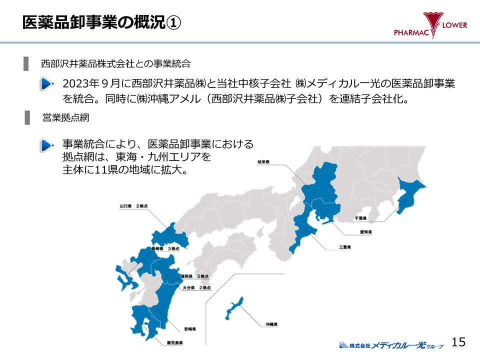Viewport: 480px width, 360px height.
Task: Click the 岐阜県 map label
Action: coord(263,162)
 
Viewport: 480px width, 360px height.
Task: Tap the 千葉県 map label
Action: coord(360,218)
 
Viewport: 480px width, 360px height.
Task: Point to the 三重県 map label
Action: coord(345,247)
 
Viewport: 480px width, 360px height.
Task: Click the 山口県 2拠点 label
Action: coord(133,206)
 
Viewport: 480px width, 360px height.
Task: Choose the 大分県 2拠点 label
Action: coord(196,288)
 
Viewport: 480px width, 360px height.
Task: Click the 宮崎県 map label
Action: coord(189,329)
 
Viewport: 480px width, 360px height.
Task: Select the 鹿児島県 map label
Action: coord(175,342)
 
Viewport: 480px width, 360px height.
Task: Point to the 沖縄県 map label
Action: coord(271,324)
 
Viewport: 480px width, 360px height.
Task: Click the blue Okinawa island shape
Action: coord(234,308)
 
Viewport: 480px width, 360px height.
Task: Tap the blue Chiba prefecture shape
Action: coord(408,195)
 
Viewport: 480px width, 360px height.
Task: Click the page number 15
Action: coord(458,342)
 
